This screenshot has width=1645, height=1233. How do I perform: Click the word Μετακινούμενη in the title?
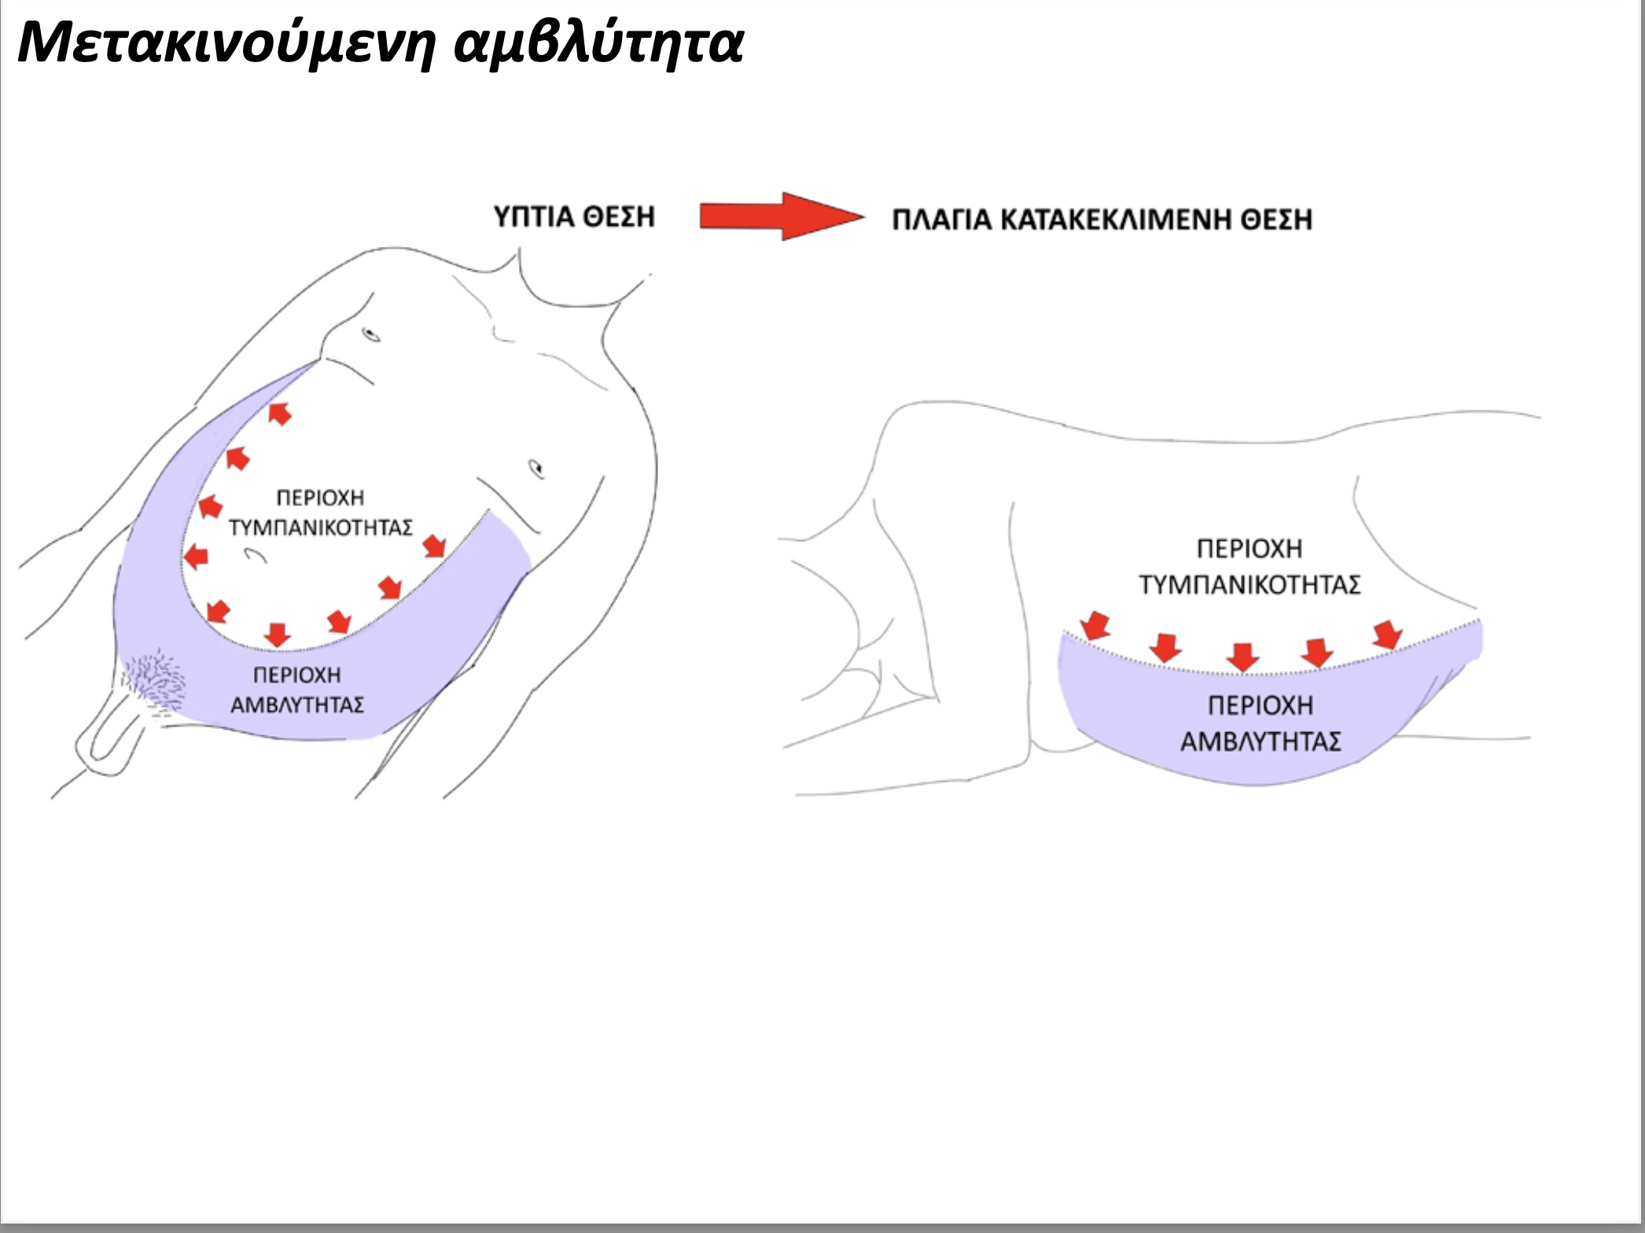point(226,43)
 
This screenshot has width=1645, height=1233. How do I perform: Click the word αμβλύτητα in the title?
point(599,43)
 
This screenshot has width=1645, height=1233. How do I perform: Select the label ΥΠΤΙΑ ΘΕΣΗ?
point(574,216)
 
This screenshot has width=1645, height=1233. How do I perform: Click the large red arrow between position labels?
point(782,215)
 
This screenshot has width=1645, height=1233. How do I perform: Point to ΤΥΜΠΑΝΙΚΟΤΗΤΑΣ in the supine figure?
point(321,528)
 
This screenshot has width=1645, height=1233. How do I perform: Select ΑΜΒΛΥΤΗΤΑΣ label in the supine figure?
point(297,705)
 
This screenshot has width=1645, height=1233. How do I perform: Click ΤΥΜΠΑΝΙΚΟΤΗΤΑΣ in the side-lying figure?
point(1249,585)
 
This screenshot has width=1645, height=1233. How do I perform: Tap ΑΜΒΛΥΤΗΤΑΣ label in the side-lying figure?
point(1260,742)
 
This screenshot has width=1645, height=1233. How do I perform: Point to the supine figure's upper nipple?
point(370,334)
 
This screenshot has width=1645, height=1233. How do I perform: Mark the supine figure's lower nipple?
point(536,469)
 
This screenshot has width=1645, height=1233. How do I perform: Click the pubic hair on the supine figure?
point(155,681)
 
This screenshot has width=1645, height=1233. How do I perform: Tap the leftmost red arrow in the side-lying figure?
point(1095,626)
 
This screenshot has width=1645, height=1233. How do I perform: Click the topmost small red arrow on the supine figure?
point(279,413)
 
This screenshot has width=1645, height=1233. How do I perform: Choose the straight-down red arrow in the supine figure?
point(278,635)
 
